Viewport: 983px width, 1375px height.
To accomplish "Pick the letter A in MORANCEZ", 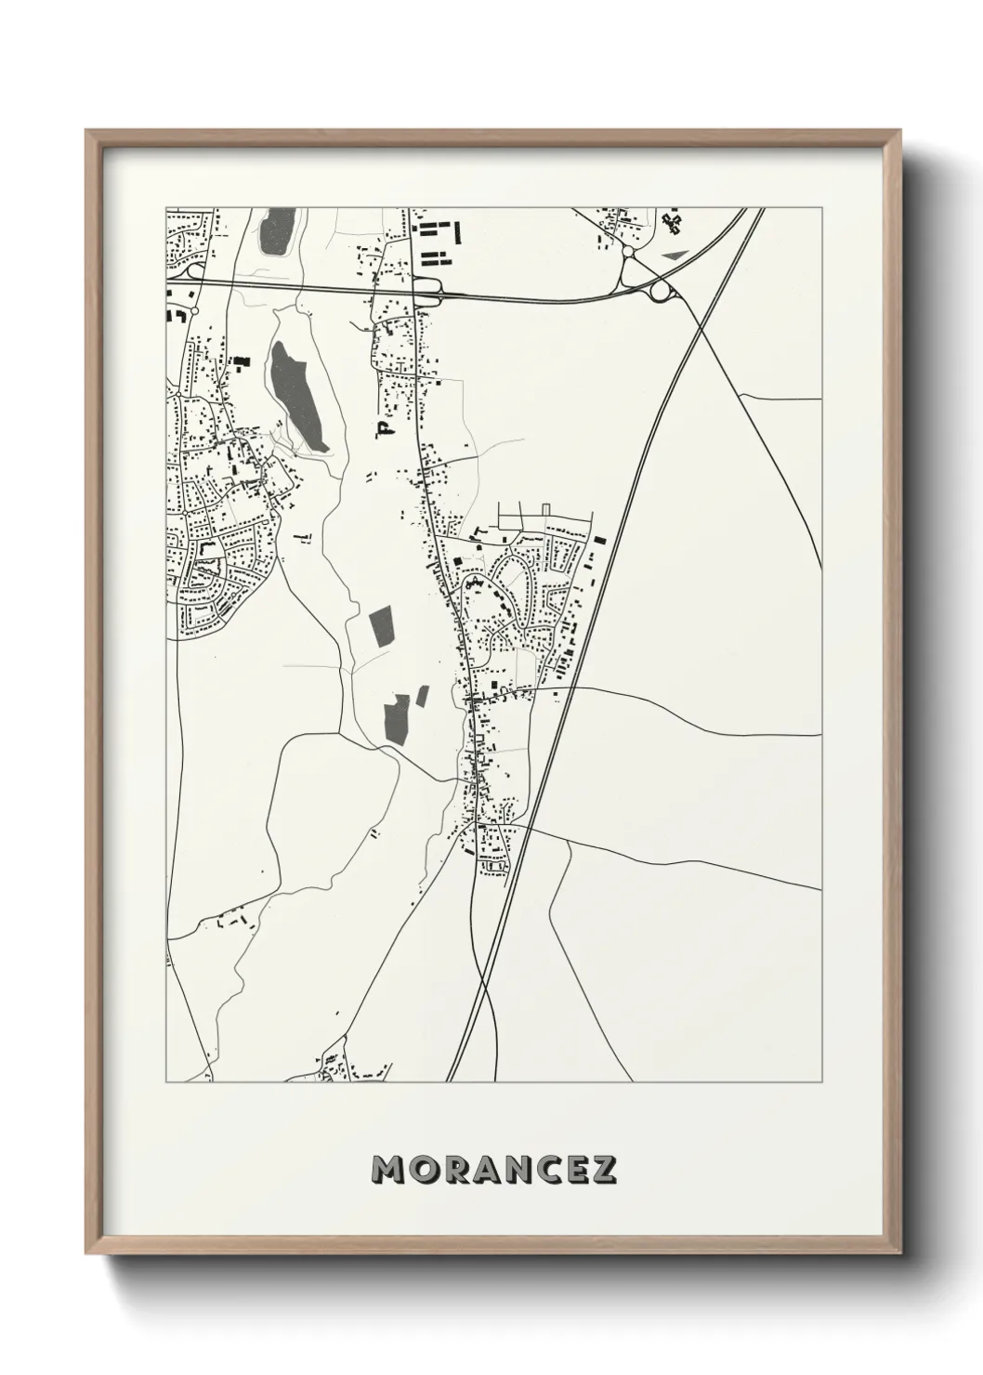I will click(478, 1169).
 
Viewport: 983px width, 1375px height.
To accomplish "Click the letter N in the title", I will click(509, 1169).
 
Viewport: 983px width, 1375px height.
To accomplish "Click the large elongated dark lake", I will click(297, 395).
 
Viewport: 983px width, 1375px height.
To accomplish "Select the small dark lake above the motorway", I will click(276, 232).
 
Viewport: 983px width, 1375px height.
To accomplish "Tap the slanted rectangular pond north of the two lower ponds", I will click(381, 629).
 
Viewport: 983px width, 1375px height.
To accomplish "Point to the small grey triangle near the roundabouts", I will click(673, 252).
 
